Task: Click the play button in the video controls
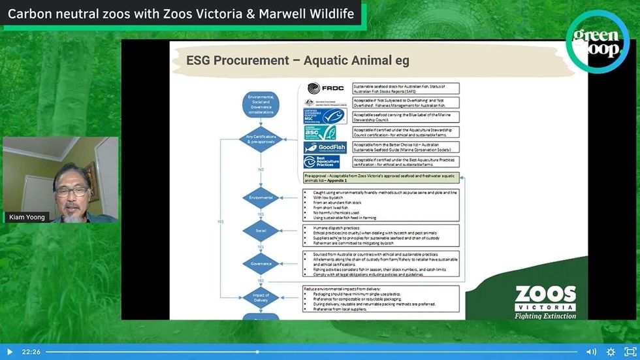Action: [x=9, y=352]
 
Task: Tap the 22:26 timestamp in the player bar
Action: [x=31, y=352]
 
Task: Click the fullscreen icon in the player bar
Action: [x=630, y=352]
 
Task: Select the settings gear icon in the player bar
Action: [x=611, y=352]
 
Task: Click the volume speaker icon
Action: [x=590, y=352]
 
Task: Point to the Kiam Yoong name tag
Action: [x=27, y=217]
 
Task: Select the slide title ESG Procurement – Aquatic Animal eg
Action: [x=298, y=61]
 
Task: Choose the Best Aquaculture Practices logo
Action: [x=323, y=161]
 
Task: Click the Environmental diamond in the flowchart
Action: [x=261, y=197]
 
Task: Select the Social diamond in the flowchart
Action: [x=261, y=231]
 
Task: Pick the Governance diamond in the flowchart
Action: [x=261, y=264]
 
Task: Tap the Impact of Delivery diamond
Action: [x=261, y=297]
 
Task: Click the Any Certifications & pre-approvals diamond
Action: [x=261, y=139]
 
